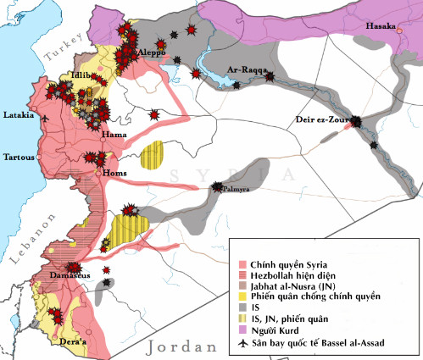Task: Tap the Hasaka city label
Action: [380, 27]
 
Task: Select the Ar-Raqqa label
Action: [244, 69]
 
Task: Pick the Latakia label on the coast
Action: [19, 114]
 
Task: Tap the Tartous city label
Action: [20, 157]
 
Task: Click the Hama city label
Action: [113, 135]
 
